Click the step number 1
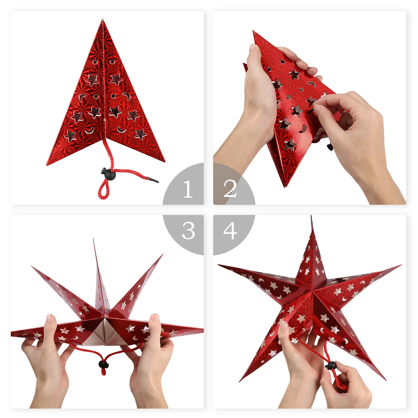point(188,189)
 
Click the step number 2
point(230,189)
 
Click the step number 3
point(188,231)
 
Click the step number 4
point(230,231)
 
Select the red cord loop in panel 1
point(102,190)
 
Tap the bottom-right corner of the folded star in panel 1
point(164,161)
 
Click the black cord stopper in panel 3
point(103,364)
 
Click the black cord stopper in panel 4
point(331,365)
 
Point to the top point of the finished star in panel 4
point(311,217)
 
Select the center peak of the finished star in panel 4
point(312,289)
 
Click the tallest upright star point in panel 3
point(93,240)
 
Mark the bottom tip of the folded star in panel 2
point(285,186)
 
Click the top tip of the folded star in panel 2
point(254,32)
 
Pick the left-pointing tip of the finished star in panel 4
point(218,265)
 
